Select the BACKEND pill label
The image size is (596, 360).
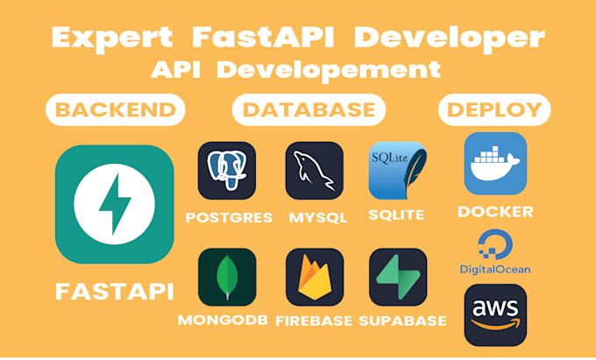tap(115, 110)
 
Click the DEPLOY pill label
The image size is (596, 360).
tap(495, 110)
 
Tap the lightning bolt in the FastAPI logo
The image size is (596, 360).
tap(115, 204)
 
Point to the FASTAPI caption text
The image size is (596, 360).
tap(114, 292)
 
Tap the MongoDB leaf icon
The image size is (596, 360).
tap(227, 277)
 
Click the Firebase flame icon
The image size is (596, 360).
tap(314, 277)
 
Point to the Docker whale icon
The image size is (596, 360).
tap(495, 163)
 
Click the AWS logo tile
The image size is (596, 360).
tap(495, 314)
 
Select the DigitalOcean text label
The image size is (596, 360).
tap(495, 269)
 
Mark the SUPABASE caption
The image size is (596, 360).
tap(402, 320)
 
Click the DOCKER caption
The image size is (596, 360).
tap(495, 212)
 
